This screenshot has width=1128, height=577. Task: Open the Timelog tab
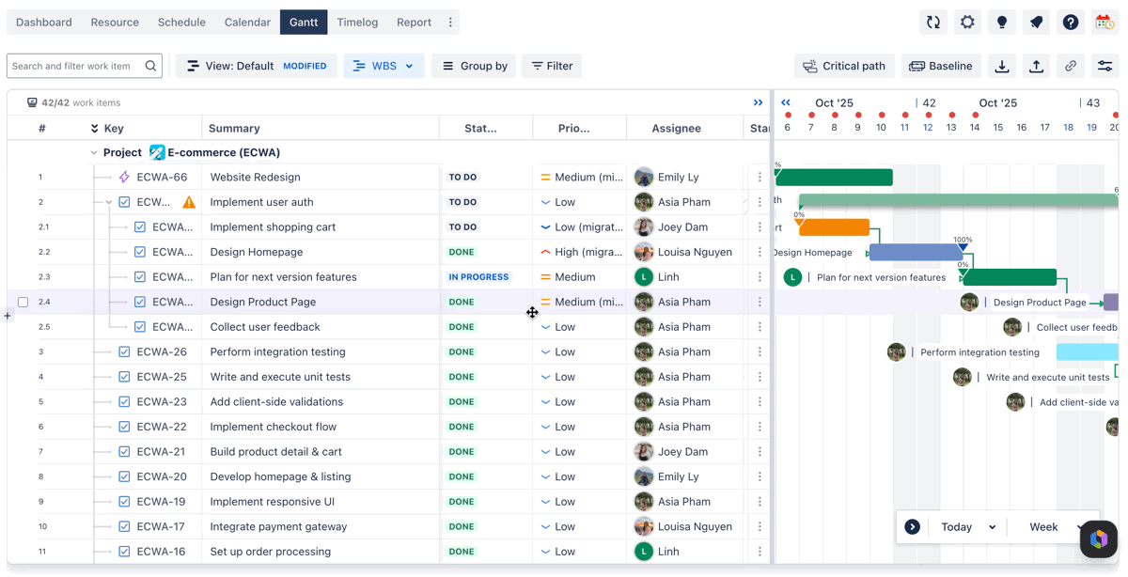[x=357, y=23]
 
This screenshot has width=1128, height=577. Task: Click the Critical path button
[x=844, y=66]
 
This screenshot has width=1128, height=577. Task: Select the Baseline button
[x=941, y=66]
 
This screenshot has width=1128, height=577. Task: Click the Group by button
[x=475, y=66]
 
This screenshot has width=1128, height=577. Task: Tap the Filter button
[x=552, y=66]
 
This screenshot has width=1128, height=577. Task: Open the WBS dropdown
[x=384, y=66]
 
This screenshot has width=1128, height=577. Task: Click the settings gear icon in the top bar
[x=967, y=23]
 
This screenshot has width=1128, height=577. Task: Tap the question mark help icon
[x=1071, y=23]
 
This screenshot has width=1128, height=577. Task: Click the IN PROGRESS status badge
[x=478, y=277]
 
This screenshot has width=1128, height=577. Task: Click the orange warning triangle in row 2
[x=189, y=202]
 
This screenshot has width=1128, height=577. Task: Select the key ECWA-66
[x=162, y=178]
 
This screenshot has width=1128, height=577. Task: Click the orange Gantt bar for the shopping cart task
[x=834, y=227]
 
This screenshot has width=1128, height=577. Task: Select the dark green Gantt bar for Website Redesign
[x=835, y=178]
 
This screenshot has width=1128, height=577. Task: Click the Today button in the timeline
[x=956, y=526]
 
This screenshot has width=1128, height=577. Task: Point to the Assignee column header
[x=676, y=129]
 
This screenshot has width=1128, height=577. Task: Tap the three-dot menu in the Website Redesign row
[x=760, y=178]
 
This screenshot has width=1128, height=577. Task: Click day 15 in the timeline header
[x=997, y=128]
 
